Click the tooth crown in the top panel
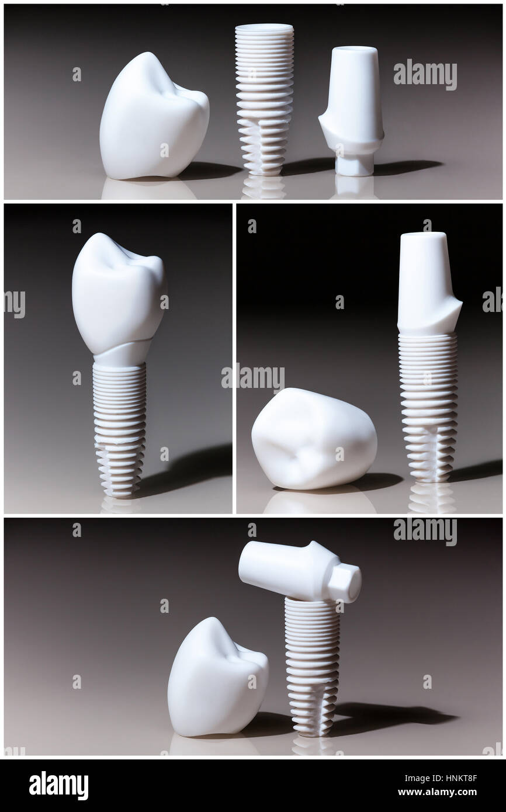click(153, 117)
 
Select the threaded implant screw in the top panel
click(264, 99)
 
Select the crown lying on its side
click(314, 438)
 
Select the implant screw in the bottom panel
click(312, 666)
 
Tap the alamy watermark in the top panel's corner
click(425, 74)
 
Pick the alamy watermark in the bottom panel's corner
click(425, 532)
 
